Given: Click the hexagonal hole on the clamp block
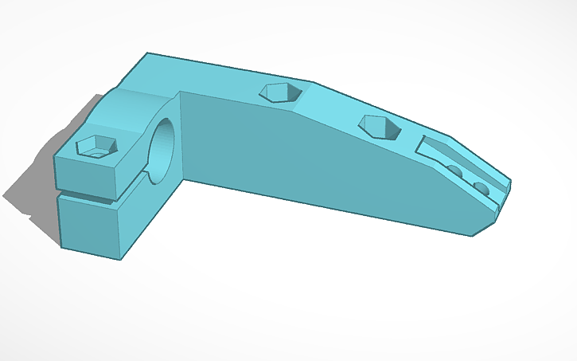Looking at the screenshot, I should pyautogui.click(x=96, y=147).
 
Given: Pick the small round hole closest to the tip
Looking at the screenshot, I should pyautogui.click(x=481, y=188).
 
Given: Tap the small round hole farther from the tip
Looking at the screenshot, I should pyautogui.click(x=454, y=171).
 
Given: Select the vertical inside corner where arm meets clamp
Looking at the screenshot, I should pyautogui.click(x=181, y=135).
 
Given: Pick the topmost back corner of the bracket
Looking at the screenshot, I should pyautogui.click(x=147, y=53).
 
